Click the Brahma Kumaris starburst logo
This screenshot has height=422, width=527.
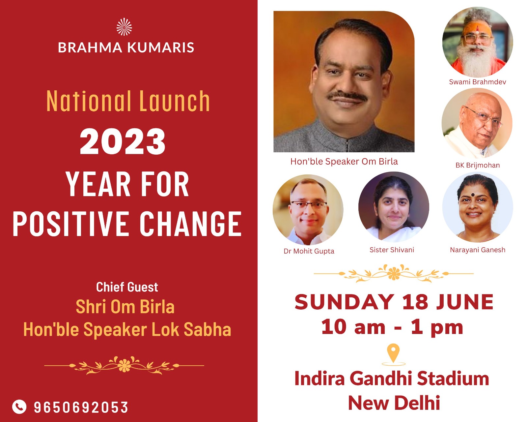coord(124,27)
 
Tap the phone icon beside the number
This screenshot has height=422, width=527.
coord(19,407)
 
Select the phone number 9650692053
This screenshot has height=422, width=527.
coord(81,407)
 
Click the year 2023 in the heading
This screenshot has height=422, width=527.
coord(123,142)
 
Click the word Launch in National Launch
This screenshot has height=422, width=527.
coord(175,101)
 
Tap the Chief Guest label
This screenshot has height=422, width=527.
coord(127,287)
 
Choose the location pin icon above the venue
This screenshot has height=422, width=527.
coord(394,354)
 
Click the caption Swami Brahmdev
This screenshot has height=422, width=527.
coord(478,82)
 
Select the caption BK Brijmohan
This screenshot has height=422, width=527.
coord(478,165)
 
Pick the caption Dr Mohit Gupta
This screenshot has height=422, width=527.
coord(309,251)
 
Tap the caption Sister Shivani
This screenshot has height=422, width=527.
coord(392,250)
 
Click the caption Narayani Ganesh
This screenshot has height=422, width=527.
coord(478,250)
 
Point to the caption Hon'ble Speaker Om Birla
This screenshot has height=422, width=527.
coord(344,162)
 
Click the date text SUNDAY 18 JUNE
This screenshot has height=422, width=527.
coord(394,302)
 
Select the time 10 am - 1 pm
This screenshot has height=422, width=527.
coord(392,327)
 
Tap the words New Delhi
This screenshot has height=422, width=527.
coord(394,403)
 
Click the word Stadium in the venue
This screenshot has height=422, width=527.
coord(453,378)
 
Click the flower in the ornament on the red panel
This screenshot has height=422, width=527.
coord(124,365)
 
